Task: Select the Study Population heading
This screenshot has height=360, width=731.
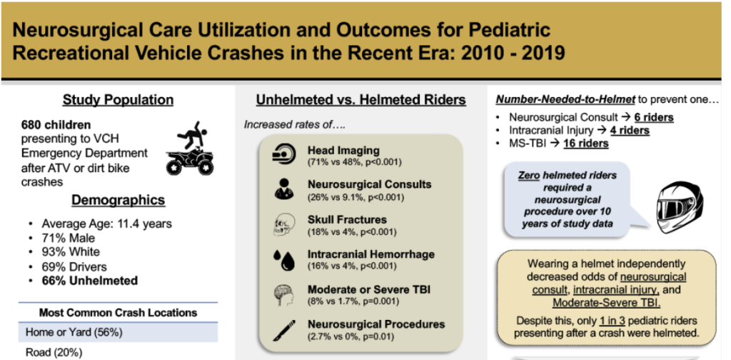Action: tap(118, 99)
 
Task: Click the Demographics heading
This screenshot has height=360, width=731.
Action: tap(118, 200)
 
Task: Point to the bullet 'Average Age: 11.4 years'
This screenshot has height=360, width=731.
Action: tap(106, 224)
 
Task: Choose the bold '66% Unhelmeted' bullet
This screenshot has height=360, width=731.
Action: tap(89, 281)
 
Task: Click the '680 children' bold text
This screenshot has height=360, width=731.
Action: tap(56, 124)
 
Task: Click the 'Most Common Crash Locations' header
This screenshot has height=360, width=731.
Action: tap(119, 312)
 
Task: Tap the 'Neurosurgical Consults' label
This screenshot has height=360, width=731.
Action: tap(369, 184)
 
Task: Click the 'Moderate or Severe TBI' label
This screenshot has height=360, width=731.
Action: tap(369, 289)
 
